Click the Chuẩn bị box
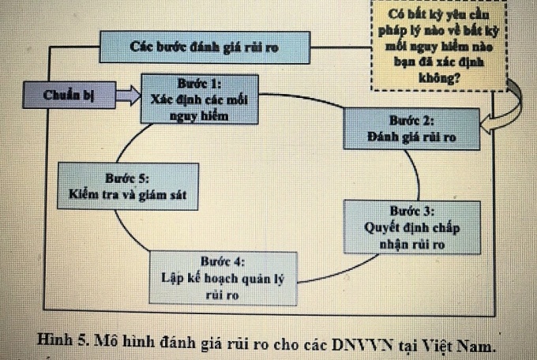pyautogui.click(x=69, y=95)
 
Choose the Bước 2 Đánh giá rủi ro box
pyautogui.click(x=411, y=129)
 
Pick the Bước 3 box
pyautogui.click(x=411, y=227)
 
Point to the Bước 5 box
pyautogui.click(x=127, y=186)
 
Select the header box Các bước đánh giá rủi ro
pyautogui.click(x=202, y=48)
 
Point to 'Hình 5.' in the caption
pyautogui.click(x=65, y=342)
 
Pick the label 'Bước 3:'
pyautogui.click(x=411, y=211)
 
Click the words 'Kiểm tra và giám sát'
pyautogui.click(x=127, y=194)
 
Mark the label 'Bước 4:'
pyautogui.click(x=223, y=261)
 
